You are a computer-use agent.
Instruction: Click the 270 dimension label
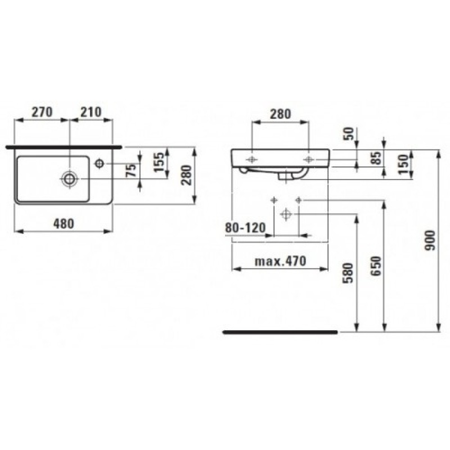click(41, 111)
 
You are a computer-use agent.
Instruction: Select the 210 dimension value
click(90, 111)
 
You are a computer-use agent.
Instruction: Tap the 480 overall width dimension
click(64, 223)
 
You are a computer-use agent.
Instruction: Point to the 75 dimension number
click(132, 171)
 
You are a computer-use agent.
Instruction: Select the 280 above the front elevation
click(280, 113)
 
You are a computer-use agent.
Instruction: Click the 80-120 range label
click(245, 228)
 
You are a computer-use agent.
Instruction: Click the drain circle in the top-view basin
click(69, 178)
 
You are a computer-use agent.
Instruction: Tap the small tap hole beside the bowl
click(100, 164)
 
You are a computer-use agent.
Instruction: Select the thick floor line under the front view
click(280, 332)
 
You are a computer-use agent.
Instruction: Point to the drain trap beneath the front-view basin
click(287, 176)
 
